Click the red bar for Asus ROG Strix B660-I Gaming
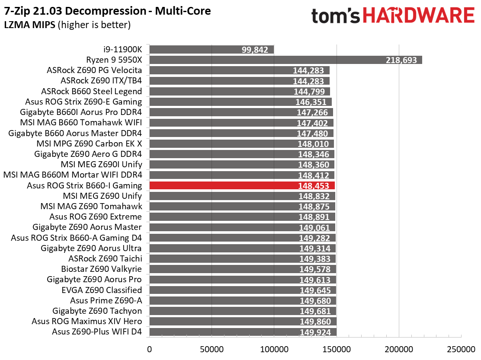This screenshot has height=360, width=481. tap(242, 186)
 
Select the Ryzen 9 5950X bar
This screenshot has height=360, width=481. tap(286, 60)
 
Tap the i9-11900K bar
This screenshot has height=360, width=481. tap(212, 50)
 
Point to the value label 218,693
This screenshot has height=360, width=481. tap(401, 60)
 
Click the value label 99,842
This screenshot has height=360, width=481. tap(255, 50)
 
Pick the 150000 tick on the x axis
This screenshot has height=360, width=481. tap(337, 349)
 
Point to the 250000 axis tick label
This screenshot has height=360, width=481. tap(461, 349)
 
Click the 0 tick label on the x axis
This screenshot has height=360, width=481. tap(149, 349)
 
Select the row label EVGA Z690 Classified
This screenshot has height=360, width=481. tap(102, 290)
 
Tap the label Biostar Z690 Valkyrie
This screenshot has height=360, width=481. tap(102, 269)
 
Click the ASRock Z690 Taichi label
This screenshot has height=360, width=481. tap(105, 258)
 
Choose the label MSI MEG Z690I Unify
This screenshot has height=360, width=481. tap(102, 165)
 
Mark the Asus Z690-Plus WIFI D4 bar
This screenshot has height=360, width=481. tap(243, 332)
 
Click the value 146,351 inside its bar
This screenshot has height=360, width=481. tap(311, 102)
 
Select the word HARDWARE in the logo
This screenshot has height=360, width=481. tap(419, 16)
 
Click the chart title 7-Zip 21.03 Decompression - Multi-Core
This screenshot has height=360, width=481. tap(107, 11)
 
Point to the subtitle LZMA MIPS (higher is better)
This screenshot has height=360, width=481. tap(67, 25)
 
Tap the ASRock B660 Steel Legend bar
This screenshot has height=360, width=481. tap(240, 91)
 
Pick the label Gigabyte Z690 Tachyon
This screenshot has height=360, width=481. tap(97, 311)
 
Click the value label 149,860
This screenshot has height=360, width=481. tap(315, 322)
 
